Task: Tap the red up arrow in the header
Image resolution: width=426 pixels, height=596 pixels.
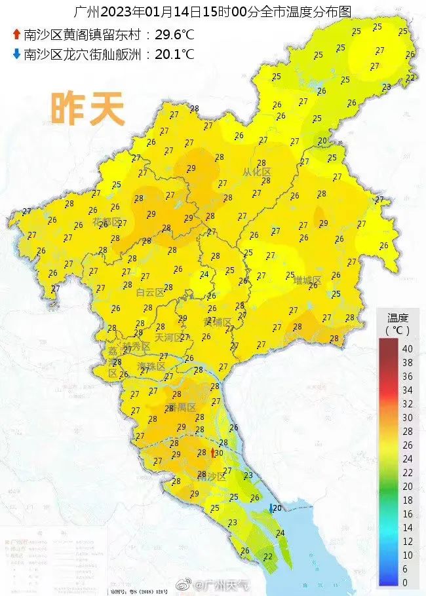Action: pos(16,35)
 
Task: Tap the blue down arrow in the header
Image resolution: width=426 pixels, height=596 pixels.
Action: pos(16,54)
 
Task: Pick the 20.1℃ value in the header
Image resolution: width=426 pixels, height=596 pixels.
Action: pos(174,54)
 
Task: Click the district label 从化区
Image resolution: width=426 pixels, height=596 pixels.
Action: pos(257,172)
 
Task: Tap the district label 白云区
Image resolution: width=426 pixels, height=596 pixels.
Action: pos(149,293)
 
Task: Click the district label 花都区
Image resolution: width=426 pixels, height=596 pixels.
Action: pos(107,223)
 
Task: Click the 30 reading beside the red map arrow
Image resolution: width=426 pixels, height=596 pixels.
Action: pos(219,453)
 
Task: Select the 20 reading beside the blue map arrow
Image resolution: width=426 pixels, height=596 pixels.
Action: pos(277,508)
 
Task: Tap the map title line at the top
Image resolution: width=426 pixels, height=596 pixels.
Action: pos(213,12)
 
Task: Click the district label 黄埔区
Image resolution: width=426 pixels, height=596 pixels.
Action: pos(218,322)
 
